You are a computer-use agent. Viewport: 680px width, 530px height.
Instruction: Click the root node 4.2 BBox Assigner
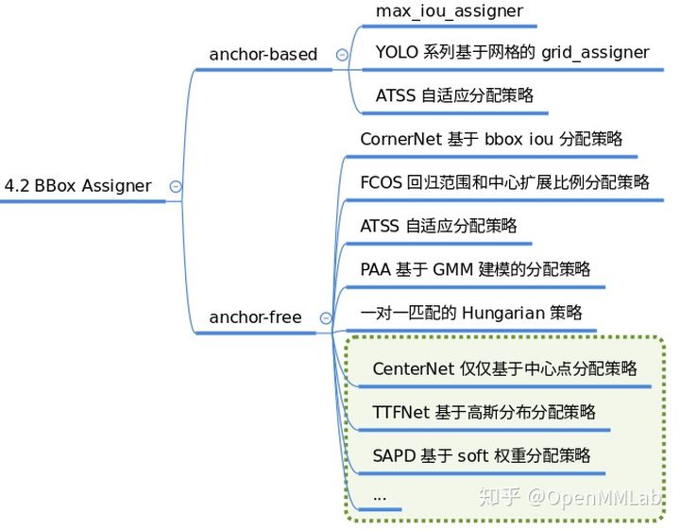[x=77, y=186]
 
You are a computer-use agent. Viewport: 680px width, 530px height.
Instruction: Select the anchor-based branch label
[x=263, y=55]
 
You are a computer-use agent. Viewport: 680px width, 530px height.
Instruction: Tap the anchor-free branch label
[x=255, y=317]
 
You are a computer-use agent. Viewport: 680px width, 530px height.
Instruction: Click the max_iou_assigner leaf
[x=449, y=12]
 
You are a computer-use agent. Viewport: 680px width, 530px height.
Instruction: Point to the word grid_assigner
[x=595, y=53]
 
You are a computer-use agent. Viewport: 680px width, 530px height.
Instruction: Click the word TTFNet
[x=401, y=412]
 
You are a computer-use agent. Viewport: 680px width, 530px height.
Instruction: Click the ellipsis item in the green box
[x=380, y=496]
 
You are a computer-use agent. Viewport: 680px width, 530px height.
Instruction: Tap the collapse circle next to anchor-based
[x=341, y=56]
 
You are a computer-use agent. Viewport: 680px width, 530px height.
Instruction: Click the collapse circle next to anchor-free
[x=326, y=318]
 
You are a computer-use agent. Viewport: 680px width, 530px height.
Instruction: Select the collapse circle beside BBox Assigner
[x=175, y=187]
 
